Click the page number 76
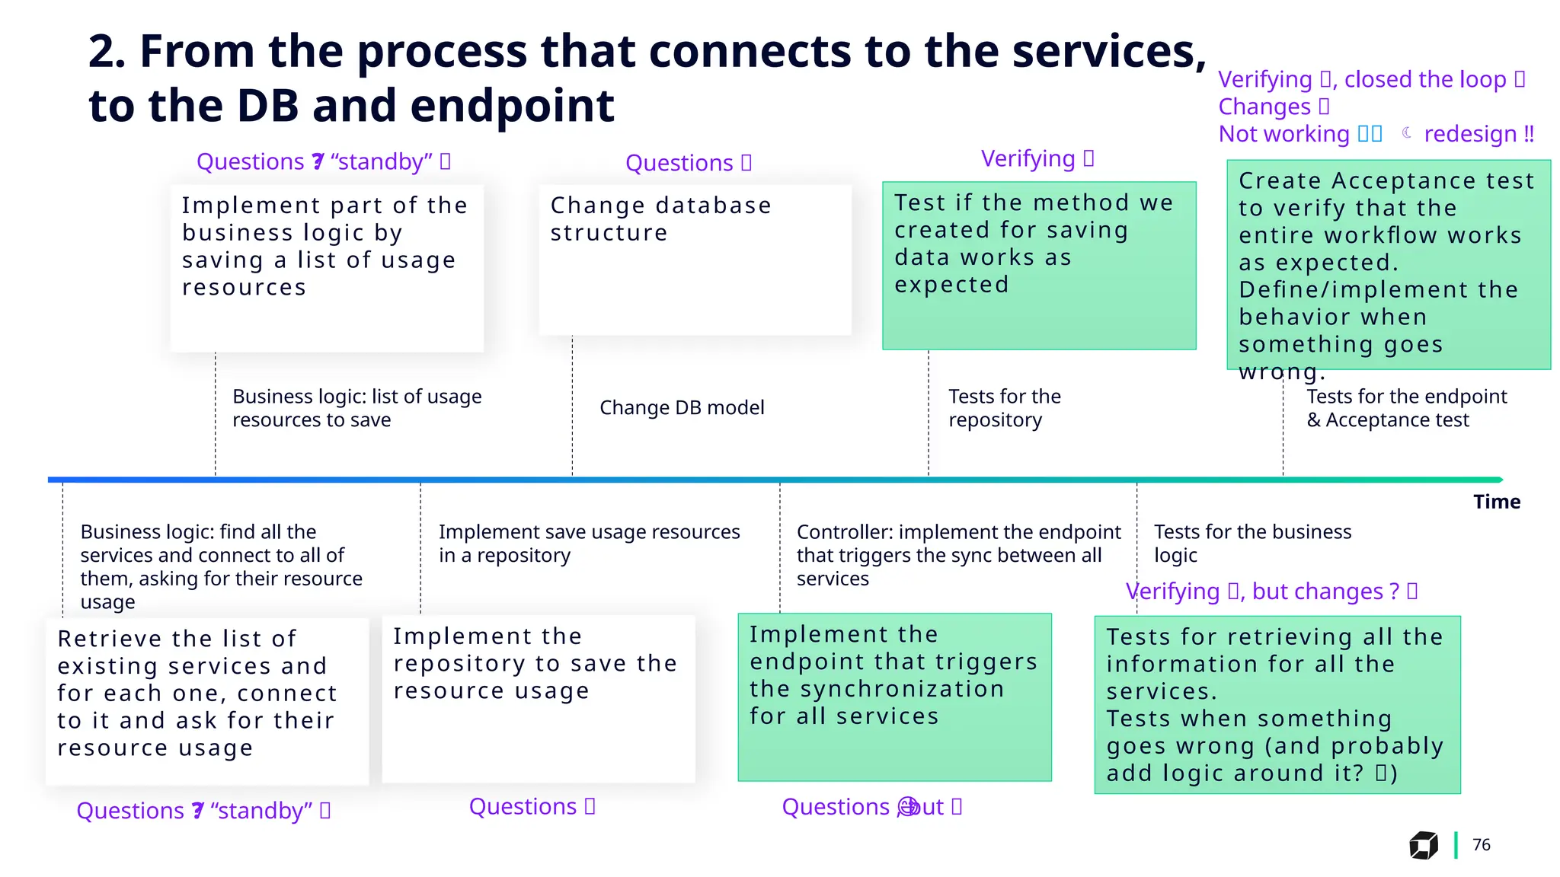[1481, 844]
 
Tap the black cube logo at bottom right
[1423, 845]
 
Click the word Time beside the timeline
[1496, 502]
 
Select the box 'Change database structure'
[695, 260]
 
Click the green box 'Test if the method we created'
[1039, 266]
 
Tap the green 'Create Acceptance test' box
[1388, 264]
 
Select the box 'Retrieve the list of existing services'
[207, 701]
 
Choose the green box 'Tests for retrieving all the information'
[1277, 704]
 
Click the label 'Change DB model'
[682, 408]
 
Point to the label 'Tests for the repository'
[1004, 408]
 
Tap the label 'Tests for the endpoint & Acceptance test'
[1406, 408]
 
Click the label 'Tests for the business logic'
[1252, 543]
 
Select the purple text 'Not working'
[1284, 134]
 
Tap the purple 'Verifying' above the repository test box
[1028, 158]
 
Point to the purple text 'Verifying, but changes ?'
[1263, 592]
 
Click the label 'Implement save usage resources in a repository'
[588, 543]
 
